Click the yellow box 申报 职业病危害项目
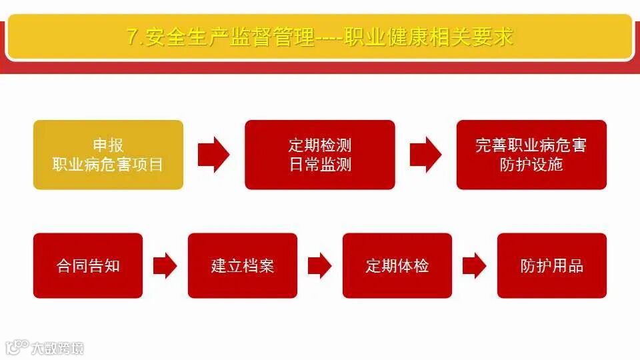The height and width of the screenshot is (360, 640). [x=108, y=155]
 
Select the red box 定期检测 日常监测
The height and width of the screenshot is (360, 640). [x=320, y=155]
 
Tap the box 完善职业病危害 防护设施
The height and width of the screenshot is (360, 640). [x=531, y=155]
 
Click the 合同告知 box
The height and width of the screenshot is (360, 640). [x=88, y=265]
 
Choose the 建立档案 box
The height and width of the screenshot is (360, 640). [x=243, y=265]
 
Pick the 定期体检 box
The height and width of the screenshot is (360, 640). [x=397, y=265]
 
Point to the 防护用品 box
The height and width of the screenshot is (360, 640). [x=552, y=265]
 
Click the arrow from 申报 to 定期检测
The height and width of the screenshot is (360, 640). [x=213, y=155]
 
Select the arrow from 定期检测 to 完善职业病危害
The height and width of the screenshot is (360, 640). [x=425, y=155]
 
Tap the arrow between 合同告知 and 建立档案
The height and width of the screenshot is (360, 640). [x=165, y=266]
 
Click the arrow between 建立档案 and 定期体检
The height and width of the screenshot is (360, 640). [x=319, y=266]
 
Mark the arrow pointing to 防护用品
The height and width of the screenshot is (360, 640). [x=474, y=266]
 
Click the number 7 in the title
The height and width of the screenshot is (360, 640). [x=132, y=37]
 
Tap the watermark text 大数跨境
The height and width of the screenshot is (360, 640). [x=57, y=347]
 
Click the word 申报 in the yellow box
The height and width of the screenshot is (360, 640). [x=108, y=145]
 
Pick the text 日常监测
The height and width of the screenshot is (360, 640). [x=320, y=164]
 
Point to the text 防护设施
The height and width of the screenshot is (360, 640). [x=531, y=164]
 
